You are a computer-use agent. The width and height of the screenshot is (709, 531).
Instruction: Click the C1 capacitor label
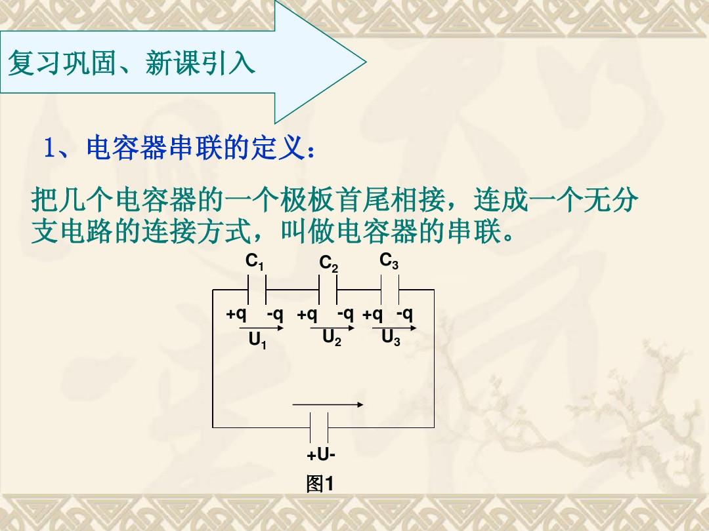(254, 262)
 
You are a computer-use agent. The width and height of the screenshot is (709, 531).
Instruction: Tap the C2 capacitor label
(328, 264)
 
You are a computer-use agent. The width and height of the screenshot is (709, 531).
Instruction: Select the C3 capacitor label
(389, 261)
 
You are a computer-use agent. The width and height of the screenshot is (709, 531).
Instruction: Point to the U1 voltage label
(257, 341)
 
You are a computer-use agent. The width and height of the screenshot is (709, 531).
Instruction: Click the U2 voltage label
(332, 338)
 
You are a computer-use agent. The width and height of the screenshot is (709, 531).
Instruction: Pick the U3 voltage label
(391, 338)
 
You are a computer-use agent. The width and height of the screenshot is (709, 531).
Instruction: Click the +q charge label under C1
(236, 314)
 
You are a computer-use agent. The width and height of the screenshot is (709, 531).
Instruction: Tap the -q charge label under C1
(275, 314)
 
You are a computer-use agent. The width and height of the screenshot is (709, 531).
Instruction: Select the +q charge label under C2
(307, 314)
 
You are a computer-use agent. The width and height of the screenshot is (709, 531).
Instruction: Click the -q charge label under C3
(404, 313)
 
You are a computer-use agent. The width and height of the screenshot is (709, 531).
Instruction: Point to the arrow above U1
(261, 328)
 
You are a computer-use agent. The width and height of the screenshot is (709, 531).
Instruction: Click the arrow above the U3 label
(394, 328)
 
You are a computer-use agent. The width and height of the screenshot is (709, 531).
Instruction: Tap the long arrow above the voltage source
(328, 404)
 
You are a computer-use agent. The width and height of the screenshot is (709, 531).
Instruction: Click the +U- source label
(321, 455)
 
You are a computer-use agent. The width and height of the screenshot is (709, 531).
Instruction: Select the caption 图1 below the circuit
(320, 484)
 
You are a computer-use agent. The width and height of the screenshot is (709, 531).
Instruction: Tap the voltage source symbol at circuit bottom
(319, 427)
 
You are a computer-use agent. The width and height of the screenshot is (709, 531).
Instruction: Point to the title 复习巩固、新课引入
(131, 62)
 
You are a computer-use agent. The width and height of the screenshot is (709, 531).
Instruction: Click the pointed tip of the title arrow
(366, 62)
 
